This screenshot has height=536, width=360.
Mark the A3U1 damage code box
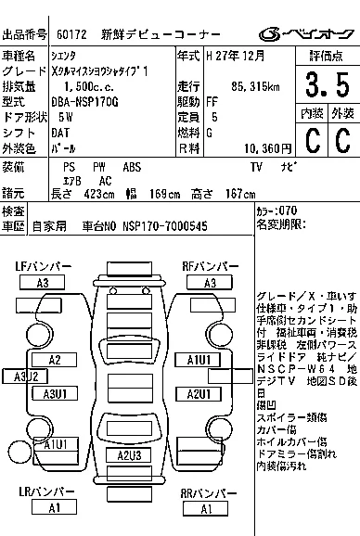coord(56,394)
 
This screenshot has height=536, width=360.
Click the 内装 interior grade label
coord(312,113)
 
